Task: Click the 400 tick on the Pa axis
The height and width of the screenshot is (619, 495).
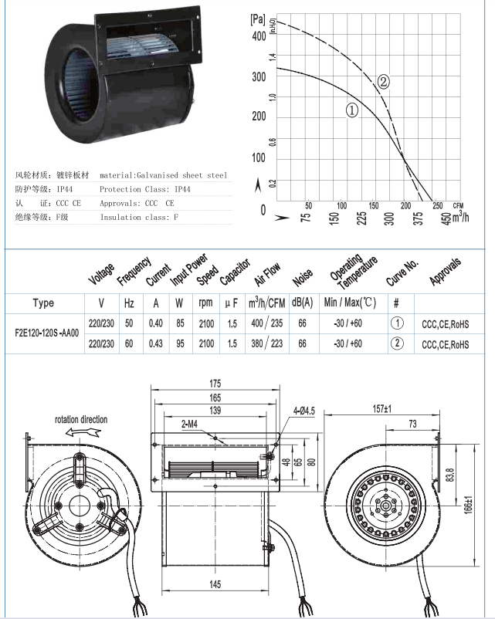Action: click(x=258, y=36)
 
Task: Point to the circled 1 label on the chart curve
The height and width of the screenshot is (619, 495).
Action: click(x=351, y=110)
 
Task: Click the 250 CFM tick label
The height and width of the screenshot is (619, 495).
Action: click(x=437, y=205)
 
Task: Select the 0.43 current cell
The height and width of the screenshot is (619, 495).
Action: click(x=156, y=344)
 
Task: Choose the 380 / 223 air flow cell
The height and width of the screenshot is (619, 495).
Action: click(x=265, y=344)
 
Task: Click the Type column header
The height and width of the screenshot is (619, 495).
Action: click(x=44, y=303)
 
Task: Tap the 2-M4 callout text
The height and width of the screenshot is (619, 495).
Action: click(x=193, y=423)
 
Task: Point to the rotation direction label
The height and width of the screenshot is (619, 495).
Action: click(x=81, y=419)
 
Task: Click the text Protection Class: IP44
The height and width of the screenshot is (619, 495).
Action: click(x=145, y=189)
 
